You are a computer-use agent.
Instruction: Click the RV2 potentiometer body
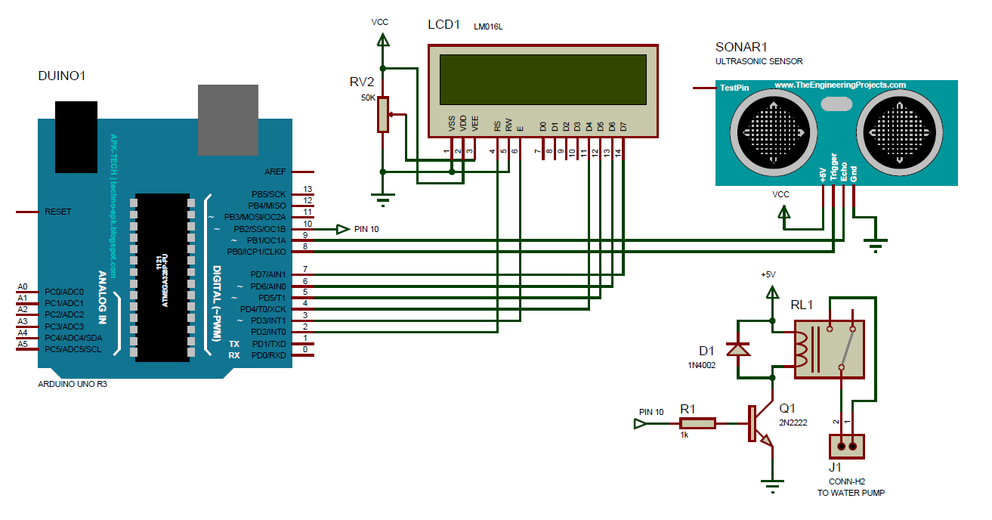[383, 114]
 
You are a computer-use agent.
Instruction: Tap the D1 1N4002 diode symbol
[737, 348]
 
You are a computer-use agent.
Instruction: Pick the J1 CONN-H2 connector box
[847, 446]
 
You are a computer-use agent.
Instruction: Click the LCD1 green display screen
[543, 79]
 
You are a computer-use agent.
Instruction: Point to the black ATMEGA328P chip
[162, 277]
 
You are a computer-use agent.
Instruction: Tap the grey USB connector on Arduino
[228, 119]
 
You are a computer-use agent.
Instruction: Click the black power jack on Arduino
[76, 136]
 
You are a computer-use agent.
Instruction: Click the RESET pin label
[58, 212]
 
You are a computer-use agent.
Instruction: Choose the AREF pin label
[275, 172]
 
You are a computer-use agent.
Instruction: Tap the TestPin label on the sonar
[734, 88]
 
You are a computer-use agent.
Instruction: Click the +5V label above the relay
[768, 274]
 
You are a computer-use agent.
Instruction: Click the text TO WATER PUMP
[851, 493]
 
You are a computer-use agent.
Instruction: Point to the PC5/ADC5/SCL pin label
[73, 349]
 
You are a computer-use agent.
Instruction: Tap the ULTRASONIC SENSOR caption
[759, 61]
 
